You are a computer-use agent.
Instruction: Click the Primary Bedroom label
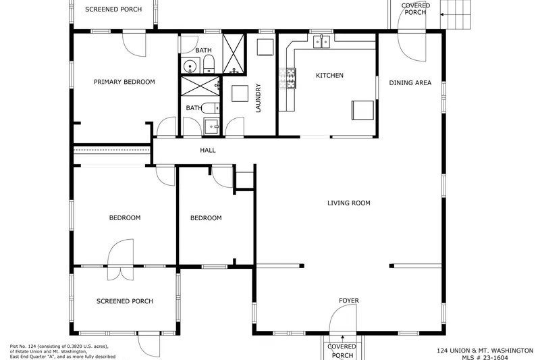[124, 82]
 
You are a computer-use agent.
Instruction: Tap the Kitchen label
[329, 76]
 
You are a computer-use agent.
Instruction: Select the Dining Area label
[410, 82]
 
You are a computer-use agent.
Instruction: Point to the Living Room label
[349, 203]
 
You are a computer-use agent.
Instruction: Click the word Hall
[208, 150]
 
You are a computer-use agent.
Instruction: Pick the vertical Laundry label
[259, 98]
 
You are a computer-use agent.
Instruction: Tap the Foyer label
[349, 301]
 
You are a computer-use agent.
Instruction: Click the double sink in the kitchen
[321, 42]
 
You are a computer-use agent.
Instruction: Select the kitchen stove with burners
[288, 78]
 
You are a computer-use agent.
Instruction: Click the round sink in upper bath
[190, 66]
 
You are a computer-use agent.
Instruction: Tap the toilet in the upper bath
[209, 65]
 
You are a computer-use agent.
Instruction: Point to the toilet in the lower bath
[211, 109]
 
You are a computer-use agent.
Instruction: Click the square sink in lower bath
[211, 126]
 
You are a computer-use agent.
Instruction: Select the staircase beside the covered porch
[455, 14]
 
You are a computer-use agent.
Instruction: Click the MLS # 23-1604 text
[485, 357]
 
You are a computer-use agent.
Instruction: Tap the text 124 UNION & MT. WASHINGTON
[485, 351]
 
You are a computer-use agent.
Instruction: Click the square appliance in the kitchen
[362, 110]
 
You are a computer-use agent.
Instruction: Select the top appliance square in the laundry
[265, 47]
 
